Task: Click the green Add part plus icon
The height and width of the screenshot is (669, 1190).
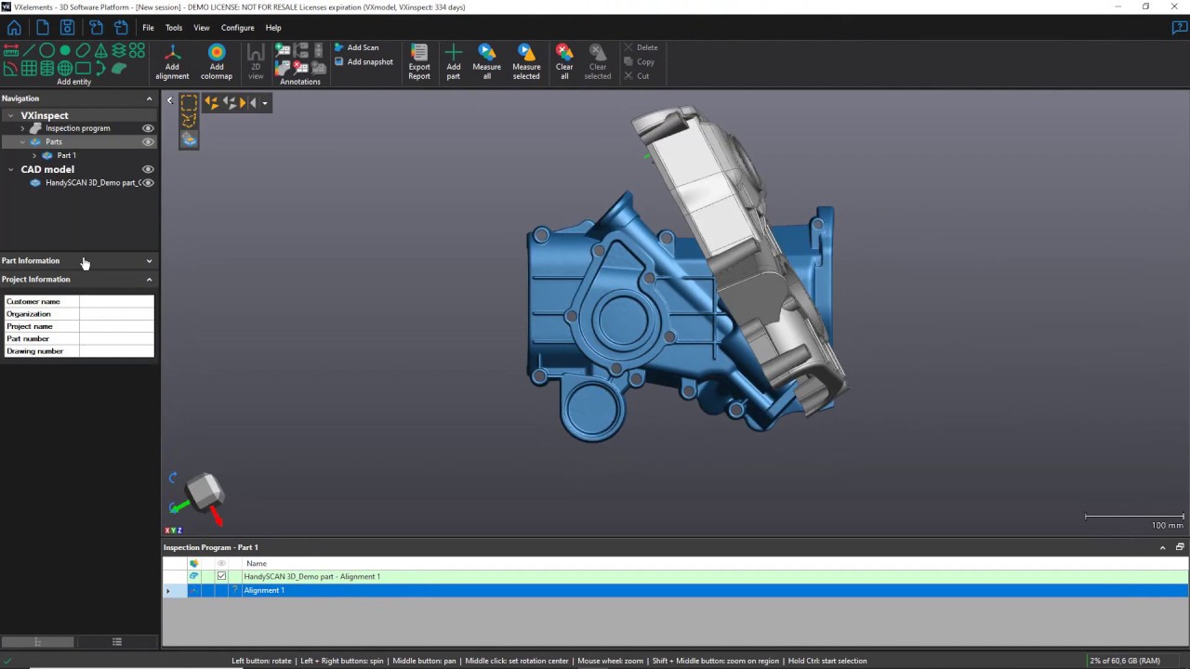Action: tap(454, 53)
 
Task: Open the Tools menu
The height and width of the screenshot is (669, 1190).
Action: tap(174, 28)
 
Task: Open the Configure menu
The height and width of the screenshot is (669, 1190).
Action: tap(237, 28)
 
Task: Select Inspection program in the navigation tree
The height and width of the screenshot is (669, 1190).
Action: tap(77, 128)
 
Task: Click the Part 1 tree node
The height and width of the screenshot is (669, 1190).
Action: tap(66, 155)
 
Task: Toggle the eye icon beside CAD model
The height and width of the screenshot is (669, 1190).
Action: tap(147, 169)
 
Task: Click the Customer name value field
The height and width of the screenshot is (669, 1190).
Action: tap(116, 301)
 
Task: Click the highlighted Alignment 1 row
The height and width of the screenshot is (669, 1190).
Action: tap(264, 590)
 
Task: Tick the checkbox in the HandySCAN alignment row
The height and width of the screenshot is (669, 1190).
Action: tap(221, 576)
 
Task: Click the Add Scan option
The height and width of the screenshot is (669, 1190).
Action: tap(362, 47)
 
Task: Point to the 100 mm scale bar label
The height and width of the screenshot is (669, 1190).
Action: tap(1167, 525)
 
